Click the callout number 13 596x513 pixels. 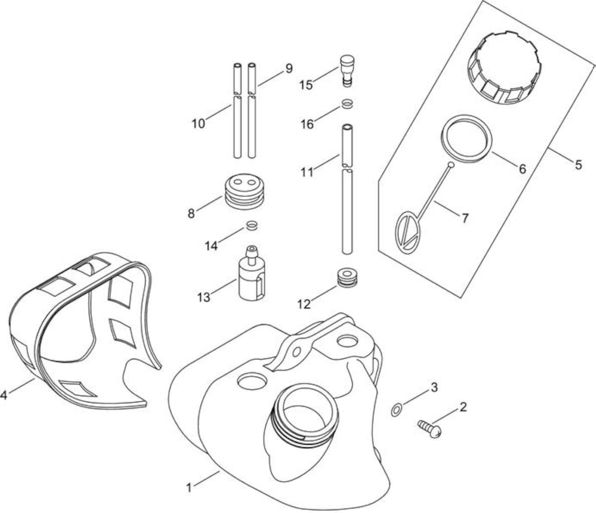point(204,297)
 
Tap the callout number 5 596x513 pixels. point(578,165)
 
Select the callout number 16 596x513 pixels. point(307,124)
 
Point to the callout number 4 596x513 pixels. point(4,395)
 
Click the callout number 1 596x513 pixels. point(189,487)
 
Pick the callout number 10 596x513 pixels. point(198,124)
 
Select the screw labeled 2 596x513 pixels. point(430,428)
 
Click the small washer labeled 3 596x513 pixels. point(395,410)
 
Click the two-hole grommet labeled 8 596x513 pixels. point(243,191)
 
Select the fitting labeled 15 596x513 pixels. point(347,71)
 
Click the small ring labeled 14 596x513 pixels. point(252,225)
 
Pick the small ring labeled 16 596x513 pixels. point(347,104)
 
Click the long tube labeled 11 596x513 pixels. point(347,188)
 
